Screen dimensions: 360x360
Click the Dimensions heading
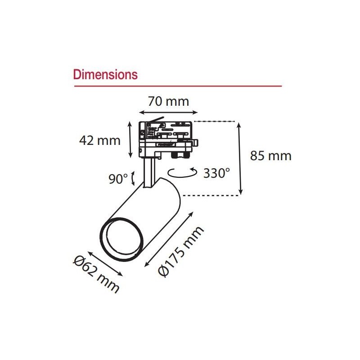[105, 75]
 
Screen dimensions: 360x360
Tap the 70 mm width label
[168, 101]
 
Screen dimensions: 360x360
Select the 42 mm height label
[99, 140]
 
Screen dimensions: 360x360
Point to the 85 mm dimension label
[271, 156]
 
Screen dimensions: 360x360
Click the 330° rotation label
[216, 173]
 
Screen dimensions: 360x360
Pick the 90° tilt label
[118, 179]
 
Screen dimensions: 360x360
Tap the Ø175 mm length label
[181, 251]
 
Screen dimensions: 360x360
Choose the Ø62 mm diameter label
[96, 274]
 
